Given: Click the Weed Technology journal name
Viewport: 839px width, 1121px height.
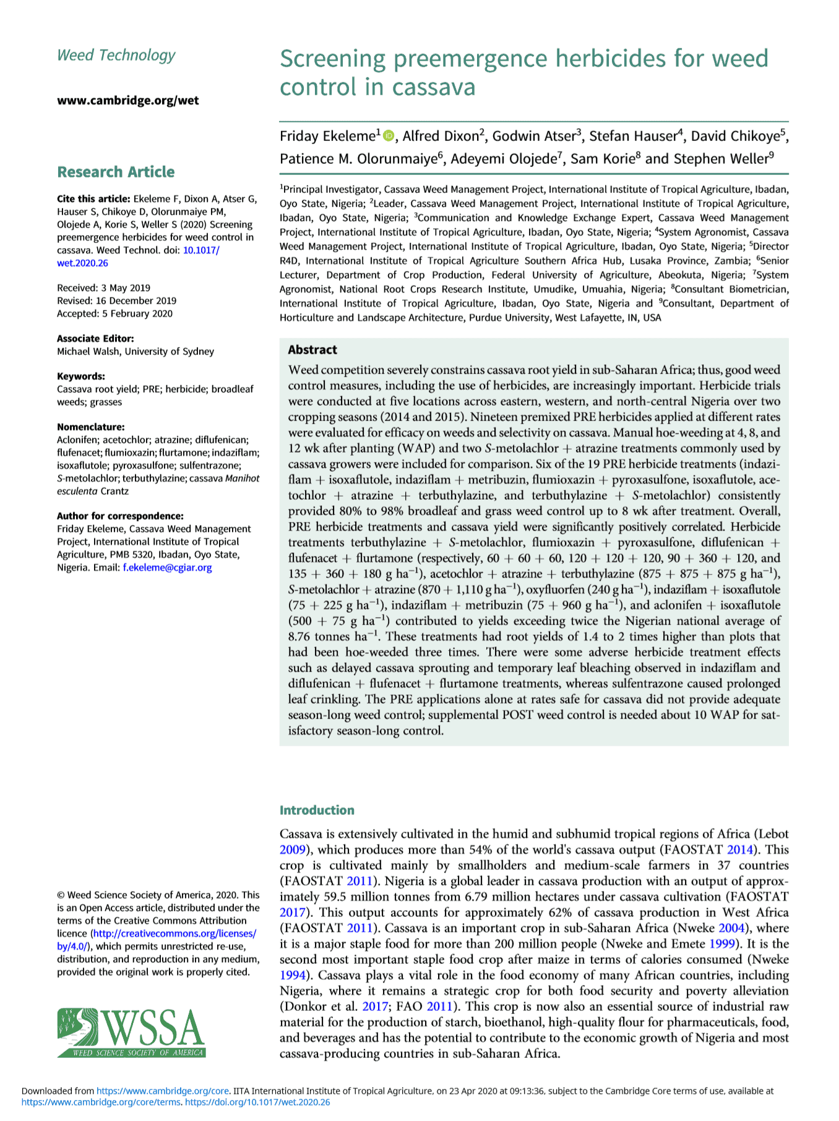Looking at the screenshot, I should point(116,56).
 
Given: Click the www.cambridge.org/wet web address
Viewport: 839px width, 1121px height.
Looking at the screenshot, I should point(128,101).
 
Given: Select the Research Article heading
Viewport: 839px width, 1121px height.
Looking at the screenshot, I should point(116,172).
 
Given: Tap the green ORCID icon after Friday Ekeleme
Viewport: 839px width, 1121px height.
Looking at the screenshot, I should point(389,135).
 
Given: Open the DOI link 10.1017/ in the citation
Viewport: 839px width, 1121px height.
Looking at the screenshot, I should point(201,250).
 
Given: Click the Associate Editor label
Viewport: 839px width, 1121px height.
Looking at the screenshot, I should point(95,338).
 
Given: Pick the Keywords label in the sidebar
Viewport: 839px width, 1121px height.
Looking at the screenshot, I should point(81,376).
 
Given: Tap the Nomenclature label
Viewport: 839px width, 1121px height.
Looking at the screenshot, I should point(90,427).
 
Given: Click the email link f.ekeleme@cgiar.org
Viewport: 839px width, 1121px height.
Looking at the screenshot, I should point(167,568).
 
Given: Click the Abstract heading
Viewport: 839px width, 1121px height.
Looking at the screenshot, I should point(312,350).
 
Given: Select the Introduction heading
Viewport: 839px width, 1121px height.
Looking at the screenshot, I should point(317,810).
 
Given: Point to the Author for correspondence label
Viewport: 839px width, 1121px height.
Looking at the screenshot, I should point(120,516).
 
